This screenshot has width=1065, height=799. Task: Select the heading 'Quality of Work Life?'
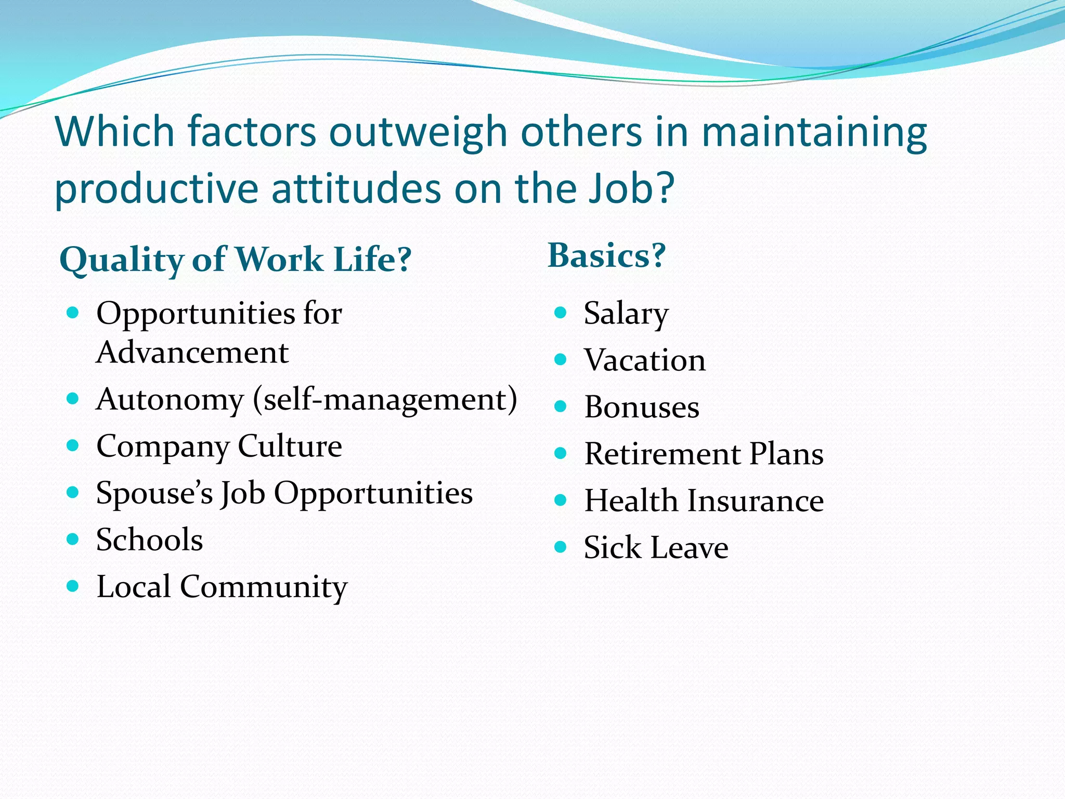[x=235, y=260]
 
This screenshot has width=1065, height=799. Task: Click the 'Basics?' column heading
[x=606, y=256]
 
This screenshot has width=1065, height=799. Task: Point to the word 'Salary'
[x=626, y=314]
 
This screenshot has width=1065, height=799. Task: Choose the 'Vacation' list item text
[x=644, y=360]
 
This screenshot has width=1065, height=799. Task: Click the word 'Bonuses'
[x=641, y=407]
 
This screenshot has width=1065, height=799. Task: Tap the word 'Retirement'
[x=662, y=454]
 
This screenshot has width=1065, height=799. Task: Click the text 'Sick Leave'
[x=656, y=548]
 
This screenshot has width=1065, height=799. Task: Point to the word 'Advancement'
[x=192, y=353]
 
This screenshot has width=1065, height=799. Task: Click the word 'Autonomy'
[x=170, y=400]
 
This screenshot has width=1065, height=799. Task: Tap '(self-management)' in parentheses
[x=385, y=400]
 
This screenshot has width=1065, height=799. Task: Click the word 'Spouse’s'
[x=154, y=493]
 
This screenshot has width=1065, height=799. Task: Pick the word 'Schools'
[x=149, y=540]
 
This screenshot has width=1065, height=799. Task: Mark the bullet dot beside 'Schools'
[x=73, y=539]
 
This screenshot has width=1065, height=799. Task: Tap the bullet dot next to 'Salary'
[x=560, y=313]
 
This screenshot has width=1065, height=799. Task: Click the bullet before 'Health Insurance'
[x=560, y=500]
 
